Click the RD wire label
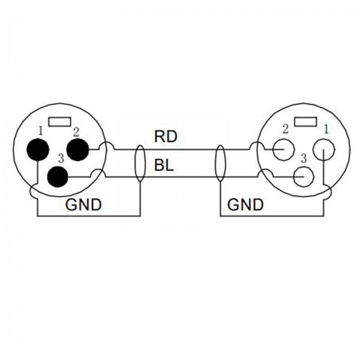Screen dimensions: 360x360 pos(166,136)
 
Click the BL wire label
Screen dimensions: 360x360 pos(164,166)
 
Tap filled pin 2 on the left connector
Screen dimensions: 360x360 pos(78,149)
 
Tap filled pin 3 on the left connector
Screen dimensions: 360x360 pos(58,177)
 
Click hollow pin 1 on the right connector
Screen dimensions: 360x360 pos(324,149)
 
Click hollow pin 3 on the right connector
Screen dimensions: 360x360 pos(304,177)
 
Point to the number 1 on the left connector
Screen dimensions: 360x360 pos(41,130)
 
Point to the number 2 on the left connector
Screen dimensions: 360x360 pos(77,131)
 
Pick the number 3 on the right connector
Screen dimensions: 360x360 pos(304,158)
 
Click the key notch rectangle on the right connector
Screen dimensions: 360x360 pos(304,122)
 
